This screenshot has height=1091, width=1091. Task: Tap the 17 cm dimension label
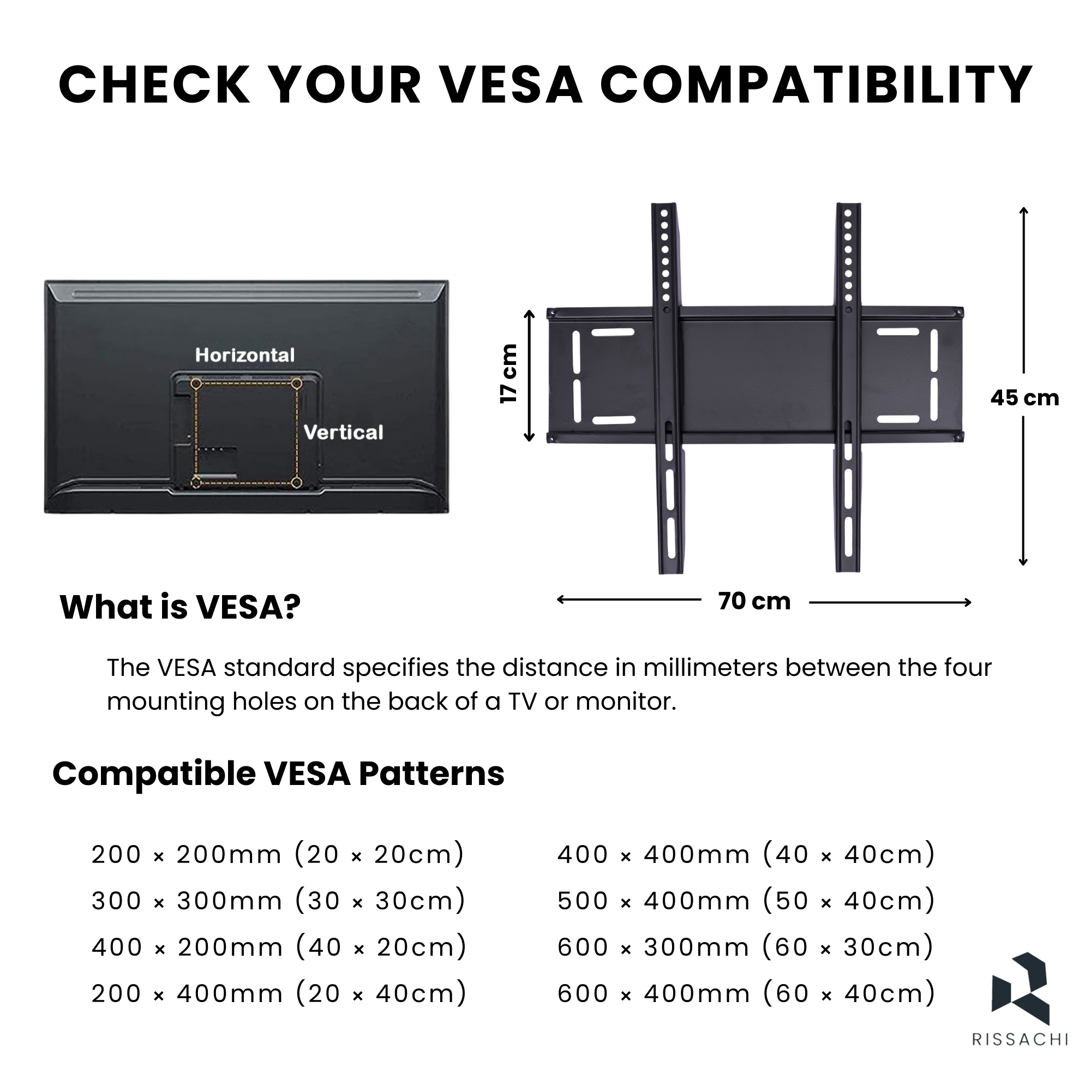[x=509, y=374]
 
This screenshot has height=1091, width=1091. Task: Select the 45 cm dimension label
[x=1025, y=398]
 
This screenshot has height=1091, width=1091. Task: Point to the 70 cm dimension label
[x=754, y=601]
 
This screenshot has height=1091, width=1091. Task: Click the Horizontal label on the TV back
[x=245, y=355]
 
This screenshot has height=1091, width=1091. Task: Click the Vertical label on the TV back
[x=343, y=432]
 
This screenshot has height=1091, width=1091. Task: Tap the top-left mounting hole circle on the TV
[x=196, y=384]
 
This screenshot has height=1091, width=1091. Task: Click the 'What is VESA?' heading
[x=180, y=607]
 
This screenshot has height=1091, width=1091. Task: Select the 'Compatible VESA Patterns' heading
[x=278, y=773]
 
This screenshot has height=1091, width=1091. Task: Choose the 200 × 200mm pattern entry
[x=278, y=854]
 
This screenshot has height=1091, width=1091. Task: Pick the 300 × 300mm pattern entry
[x=278, y=900]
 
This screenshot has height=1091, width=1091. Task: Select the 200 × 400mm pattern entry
[x=279, y=993]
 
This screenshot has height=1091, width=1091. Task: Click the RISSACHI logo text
[x=1020, y=1055]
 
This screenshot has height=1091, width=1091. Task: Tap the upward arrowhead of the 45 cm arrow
[x=1023, y=211]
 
